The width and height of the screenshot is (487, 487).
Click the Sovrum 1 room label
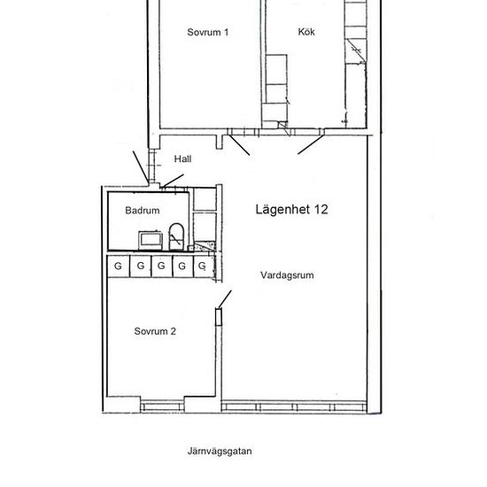point(208,32)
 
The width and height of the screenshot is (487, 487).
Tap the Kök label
point(306,32)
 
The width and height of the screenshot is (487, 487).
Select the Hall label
point(182,159)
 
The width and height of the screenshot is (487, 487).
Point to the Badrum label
point(143,210)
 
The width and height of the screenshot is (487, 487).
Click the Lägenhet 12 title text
point(291,210)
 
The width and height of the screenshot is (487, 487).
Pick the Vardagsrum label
point(287,275)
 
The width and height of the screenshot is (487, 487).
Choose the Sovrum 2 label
point(155,331)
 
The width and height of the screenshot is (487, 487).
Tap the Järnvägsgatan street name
point(220,452)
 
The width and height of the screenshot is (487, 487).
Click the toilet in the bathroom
point(176,236)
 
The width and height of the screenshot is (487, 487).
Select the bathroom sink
point(151,240)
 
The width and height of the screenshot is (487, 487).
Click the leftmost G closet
point(118,267)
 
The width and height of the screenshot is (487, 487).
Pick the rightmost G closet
point(204,267)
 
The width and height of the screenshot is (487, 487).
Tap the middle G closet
point(161,267)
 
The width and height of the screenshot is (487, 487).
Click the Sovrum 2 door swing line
point(225,300)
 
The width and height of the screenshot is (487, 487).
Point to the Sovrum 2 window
point(162,406)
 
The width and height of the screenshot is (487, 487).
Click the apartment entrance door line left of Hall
point(141,167)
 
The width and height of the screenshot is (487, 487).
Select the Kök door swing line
point(311,144)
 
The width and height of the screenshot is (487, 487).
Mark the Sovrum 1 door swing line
point(239,144)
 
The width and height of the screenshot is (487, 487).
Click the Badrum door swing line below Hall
point(174,181)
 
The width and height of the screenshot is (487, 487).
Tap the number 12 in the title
point(321,210)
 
